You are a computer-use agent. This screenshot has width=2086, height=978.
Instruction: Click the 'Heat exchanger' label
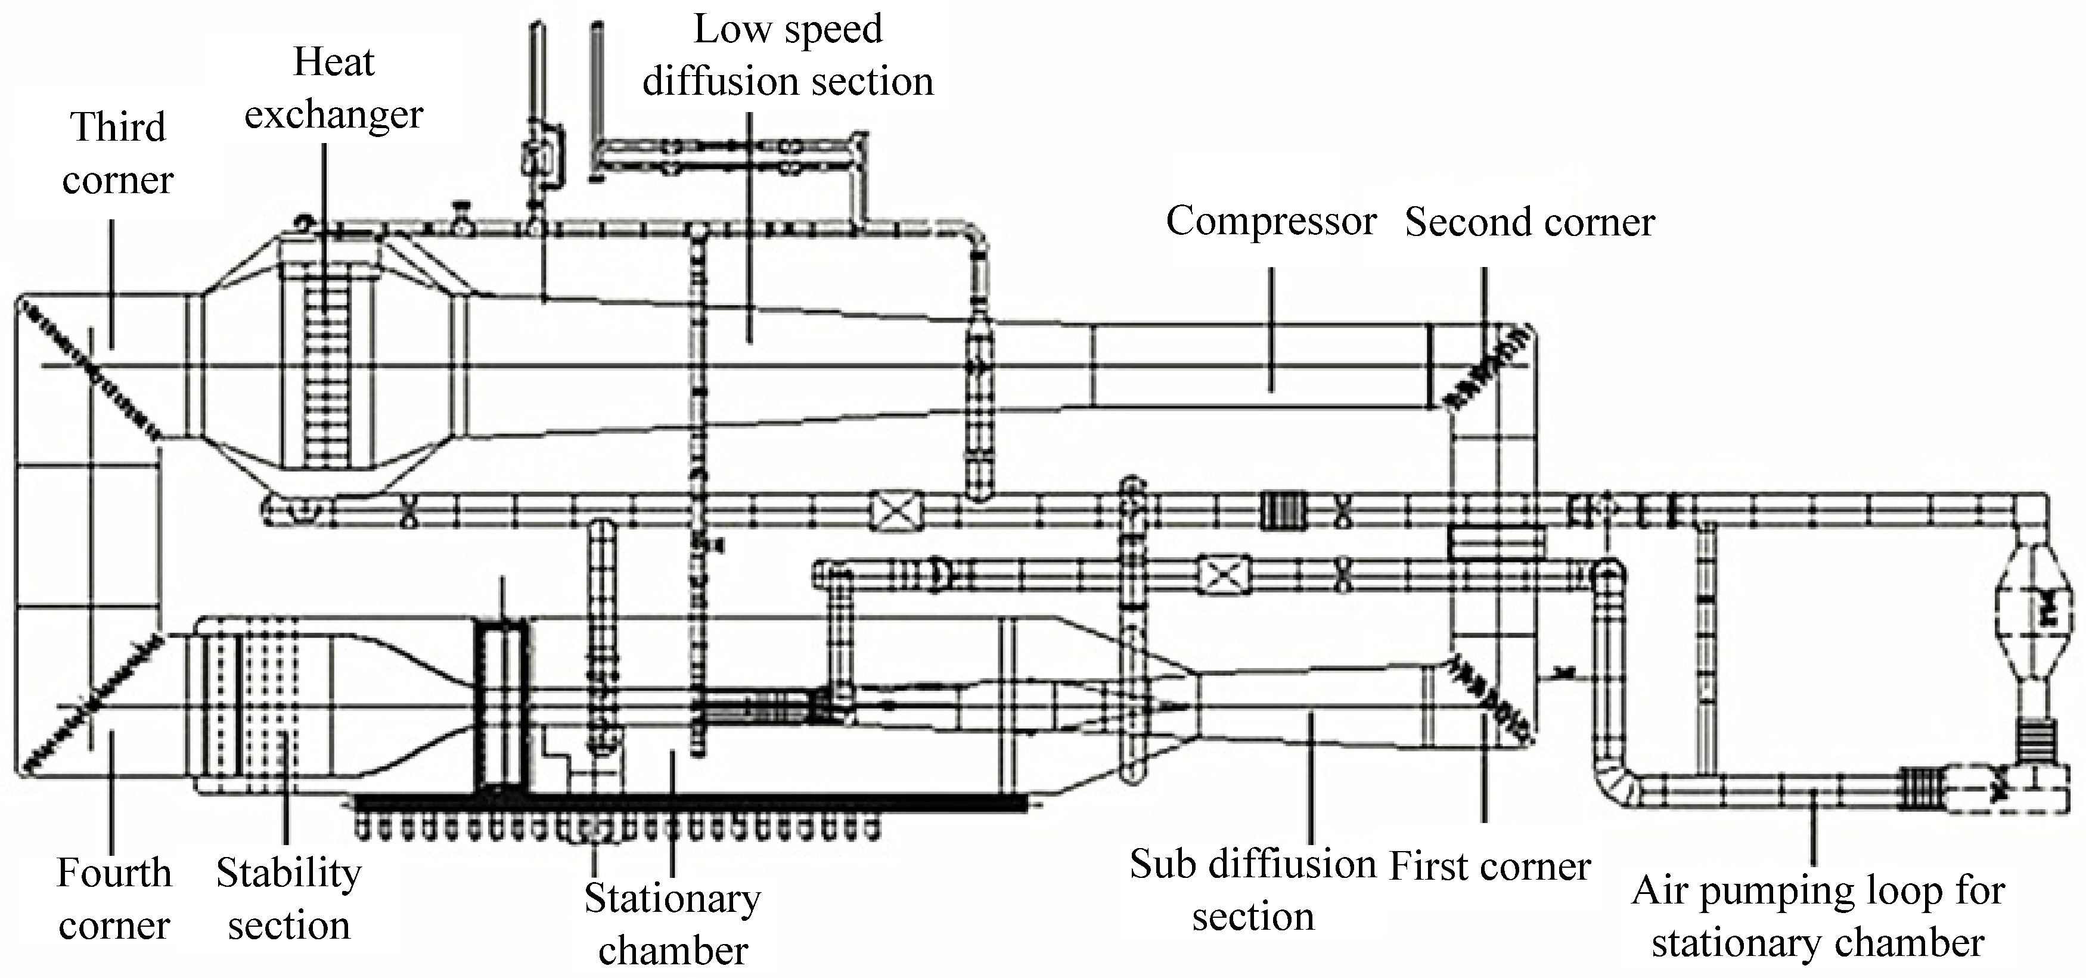pyautogui.click(x=334, y=88)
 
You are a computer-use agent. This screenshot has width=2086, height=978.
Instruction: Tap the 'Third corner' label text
pyautogui.click(x=117, y=153)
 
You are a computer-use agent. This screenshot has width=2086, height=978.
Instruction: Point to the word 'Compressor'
pyautogui.click(x=1271, y=221)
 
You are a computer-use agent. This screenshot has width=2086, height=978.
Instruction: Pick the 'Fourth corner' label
pyautogui.click(x=114, y=899)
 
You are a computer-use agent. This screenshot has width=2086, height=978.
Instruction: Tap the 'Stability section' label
pyautogui.click(x=288, y=899)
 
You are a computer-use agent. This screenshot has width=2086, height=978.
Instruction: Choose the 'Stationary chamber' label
pyautogui.click(x=672, y=924)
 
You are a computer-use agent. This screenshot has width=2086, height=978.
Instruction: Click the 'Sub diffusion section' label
pyautogui.click(x=1253, y=890)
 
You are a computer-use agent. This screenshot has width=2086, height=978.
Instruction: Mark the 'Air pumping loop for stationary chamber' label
pyautogui.click(x=1818, y=917)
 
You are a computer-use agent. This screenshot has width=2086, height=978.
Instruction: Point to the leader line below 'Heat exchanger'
pyautogui.click(x=325, y=226)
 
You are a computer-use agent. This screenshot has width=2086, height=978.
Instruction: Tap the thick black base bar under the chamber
pyautogui.click(x=688, y=802)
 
